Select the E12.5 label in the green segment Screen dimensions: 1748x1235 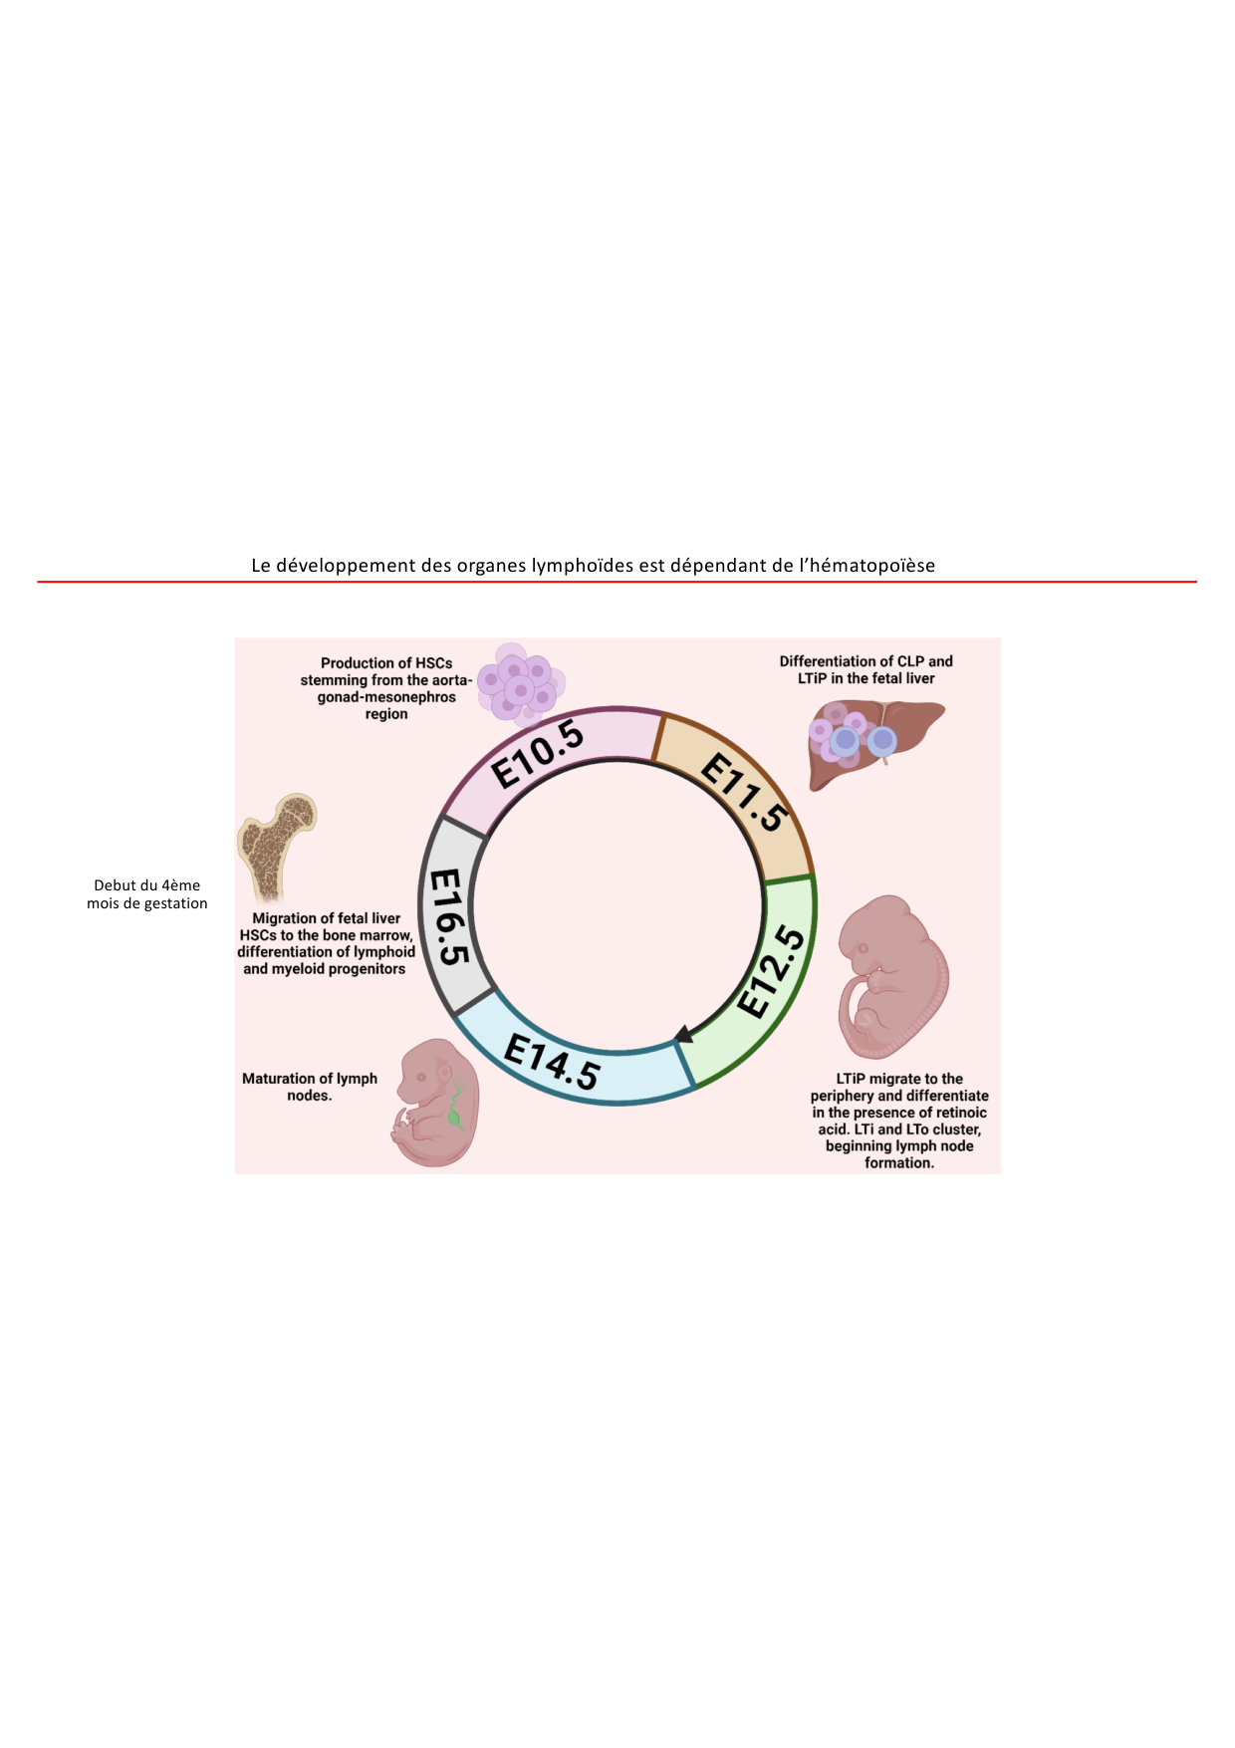pos(772,971)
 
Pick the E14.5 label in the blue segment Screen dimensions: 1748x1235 pos(552,1062)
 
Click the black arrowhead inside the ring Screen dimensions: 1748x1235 pos(683,1034)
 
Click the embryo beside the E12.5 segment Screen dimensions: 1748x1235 pos(891,976)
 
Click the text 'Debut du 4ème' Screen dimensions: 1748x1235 pos(147,885)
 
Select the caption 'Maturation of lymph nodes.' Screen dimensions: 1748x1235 pos(310,1087)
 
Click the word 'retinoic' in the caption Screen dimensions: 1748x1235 pos(956,1113)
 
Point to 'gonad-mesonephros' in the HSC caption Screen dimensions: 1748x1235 pos(386,697)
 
